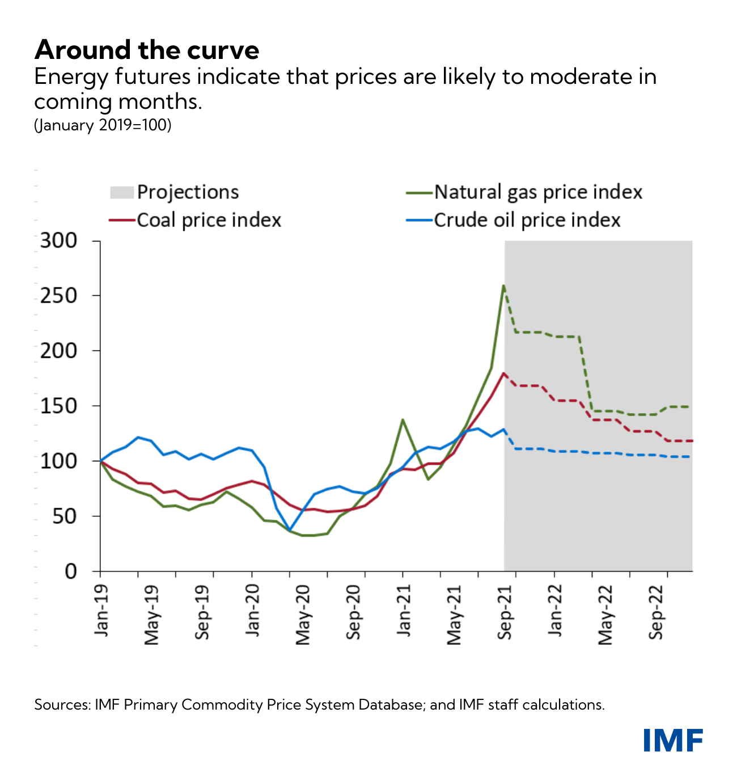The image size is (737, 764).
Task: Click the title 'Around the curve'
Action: click(147, 50)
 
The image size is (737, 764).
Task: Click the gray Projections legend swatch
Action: click(122, 192)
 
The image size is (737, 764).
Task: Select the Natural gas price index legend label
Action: click(538, 192)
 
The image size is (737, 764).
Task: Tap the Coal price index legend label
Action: click(209, 220)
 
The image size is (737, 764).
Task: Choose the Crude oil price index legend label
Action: click(527, 220)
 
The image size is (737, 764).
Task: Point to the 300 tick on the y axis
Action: click(58, 240)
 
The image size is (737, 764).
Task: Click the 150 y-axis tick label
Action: click(58, 406)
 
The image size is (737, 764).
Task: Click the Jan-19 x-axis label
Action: click(102, 609)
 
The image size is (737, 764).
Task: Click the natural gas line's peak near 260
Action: click(503, 286)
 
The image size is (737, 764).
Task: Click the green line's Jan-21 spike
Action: click(403, 420)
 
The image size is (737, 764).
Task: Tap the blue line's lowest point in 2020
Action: click(290, 530)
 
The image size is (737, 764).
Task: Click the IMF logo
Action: click(673, 740)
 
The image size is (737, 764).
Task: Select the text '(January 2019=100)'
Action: click(103, 125)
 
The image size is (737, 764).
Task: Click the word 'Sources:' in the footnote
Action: click(62, 704)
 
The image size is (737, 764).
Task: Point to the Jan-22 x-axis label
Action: click(555, 610)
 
